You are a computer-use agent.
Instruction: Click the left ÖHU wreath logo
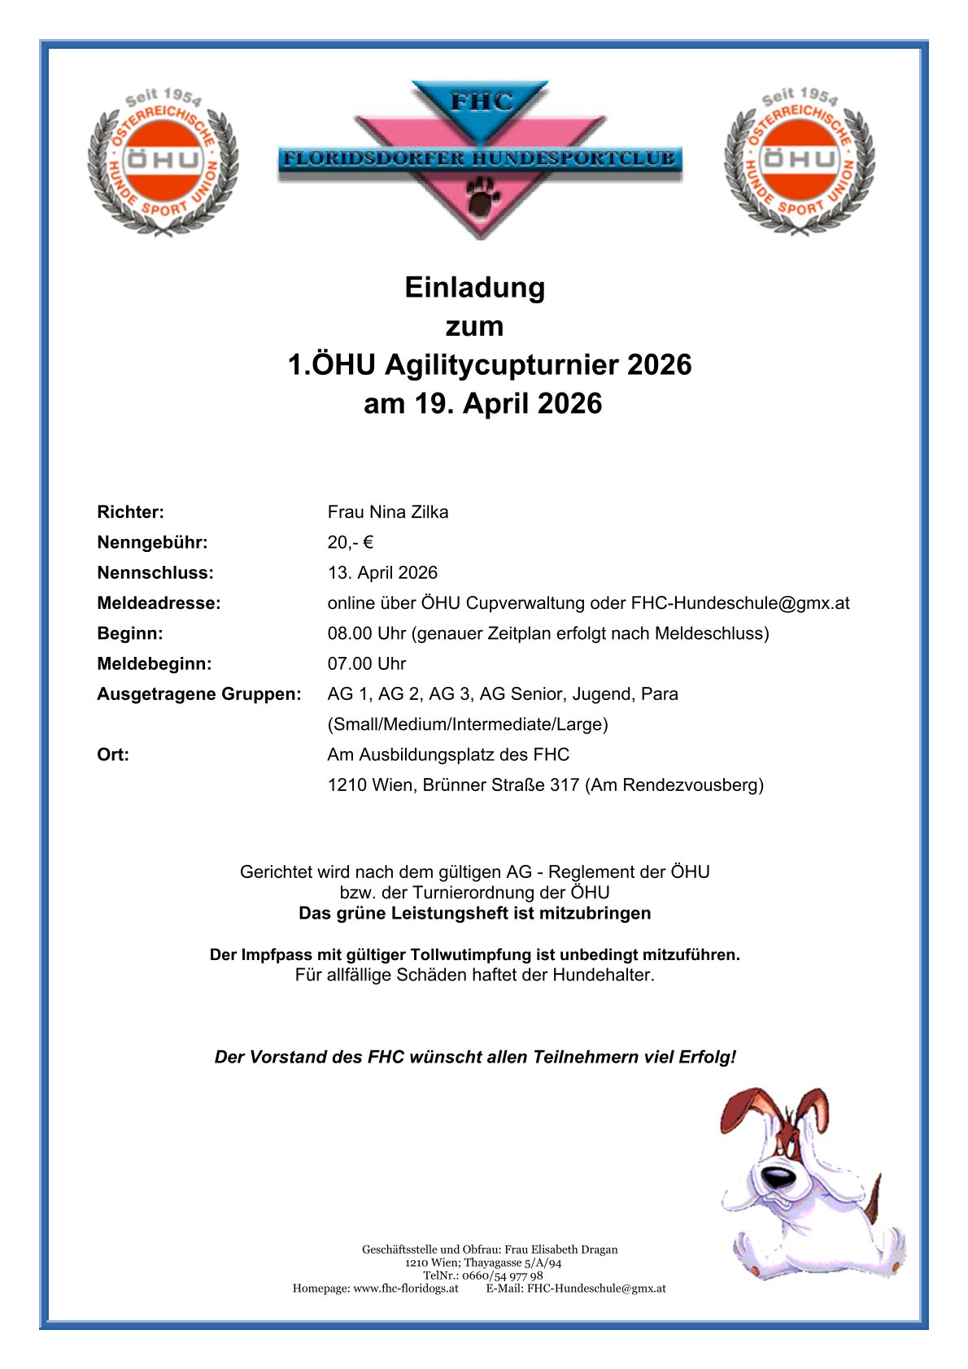(x=163, y=161)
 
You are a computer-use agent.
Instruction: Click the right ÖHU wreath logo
(x=800, y=161)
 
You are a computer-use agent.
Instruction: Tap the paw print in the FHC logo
(x=480, y=198)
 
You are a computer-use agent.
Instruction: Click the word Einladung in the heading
(x=475, y=288)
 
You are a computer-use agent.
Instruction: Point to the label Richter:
(x=130, y=512)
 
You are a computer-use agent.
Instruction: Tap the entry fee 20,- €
(x=350, y=542)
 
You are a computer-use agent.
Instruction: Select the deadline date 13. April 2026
(x=382, y=573)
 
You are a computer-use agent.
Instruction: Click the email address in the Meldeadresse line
(x=740, y=603)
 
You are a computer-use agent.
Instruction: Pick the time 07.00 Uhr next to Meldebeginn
(x=366, y=664)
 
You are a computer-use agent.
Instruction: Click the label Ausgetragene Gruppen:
(x=198, y=694)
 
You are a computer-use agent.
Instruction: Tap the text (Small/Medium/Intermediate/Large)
(x=468, y=724)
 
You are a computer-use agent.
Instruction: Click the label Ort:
(x=113, y=755)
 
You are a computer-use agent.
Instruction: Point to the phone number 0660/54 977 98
(x=502, y=1276)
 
